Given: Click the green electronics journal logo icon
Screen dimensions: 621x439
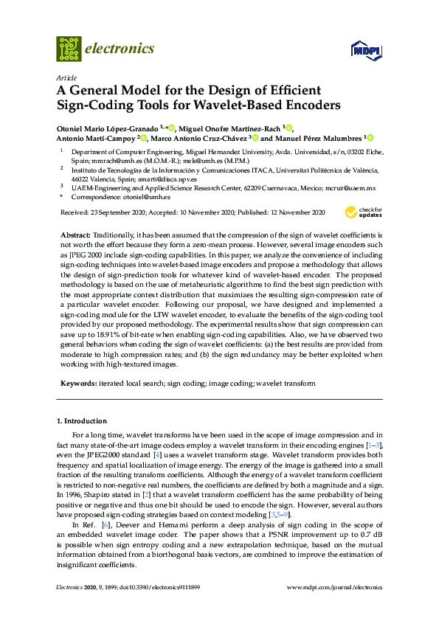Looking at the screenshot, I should (x=69, y=48).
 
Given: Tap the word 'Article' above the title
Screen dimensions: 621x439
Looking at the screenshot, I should (x=66, y=77).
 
